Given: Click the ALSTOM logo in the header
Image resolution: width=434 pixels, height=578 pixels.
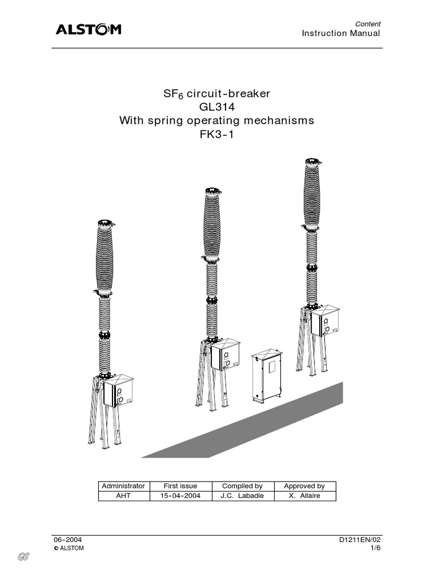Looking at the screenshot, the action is (x=89, y=29).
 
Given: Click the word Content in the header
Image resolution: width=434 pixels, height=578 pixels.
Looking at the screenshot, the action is (x=368, y=24).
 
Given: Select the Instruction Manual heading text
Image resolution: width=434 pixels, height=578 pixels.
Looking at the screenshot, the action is (x=341, y=33).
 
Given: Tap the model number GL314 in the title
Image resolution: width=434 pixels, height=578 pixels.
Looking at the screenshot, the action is (x=217, y=107).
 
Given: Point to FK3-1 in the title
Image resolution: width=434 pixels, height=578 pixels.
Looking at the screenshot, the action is (x=217, y=134).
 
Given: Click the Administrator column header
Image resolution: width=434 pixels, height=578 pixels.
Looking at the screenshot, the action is (x=123, y=486).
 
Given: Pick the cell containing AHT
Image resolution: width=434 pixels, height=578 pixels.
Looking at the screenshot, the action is (x=123, y=496).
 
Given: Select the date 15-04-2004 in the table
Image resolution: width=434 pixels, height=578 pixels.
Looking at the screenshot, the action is (x=180, y=496).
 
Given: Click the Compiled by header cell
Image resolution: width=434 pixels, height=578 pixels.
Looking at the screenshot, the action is (x=242, y=486).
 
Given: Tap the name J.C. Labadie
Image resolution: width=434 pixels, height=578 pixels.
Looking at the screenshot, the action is (x=242, y=496).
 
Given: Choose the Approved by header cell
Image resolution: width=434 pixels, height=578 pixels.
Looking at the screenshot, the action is (x=305, y=486).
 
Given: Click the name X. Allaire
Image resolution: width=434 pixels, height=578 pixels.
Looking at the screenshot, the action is (x=305, y=496).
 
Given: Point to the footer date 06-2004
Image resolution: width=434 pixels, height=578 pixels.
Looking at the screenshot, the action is (x=68, y=540).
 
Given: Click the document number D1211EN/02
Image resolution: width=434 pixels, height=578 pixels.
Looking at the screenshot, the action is (x=360, y=540).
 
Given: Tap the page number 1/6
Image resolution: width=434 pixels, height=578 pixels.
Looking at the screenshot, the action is (x=376, y=548).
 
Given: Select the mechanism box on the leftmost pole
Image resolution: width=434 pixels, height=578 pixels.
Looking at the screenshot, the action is (x=118, y=391).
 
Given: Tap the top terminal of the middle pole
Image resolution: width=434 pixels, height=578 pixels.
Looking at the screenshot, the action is (x=213, y=191).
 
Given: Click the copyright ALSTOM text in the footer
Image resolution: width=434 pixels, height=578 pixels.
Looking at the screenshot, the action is (x=69, y=548).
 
